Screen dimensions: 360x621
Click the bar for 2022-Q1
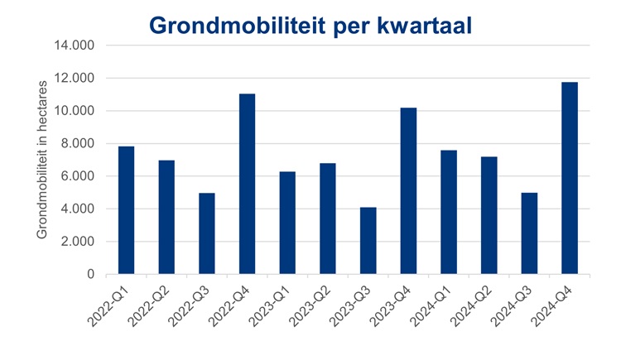click(x=126, y=210)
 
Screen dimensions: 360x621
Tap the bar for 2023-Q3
click(x=368, y=241)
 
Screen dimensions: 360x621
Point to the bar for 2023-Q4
click(x=408, y=191)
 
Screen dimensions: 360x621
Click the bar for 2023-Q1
click(x=287, y=223)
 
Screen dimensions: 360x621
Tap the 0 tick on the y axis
click(x=91, y=274)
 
